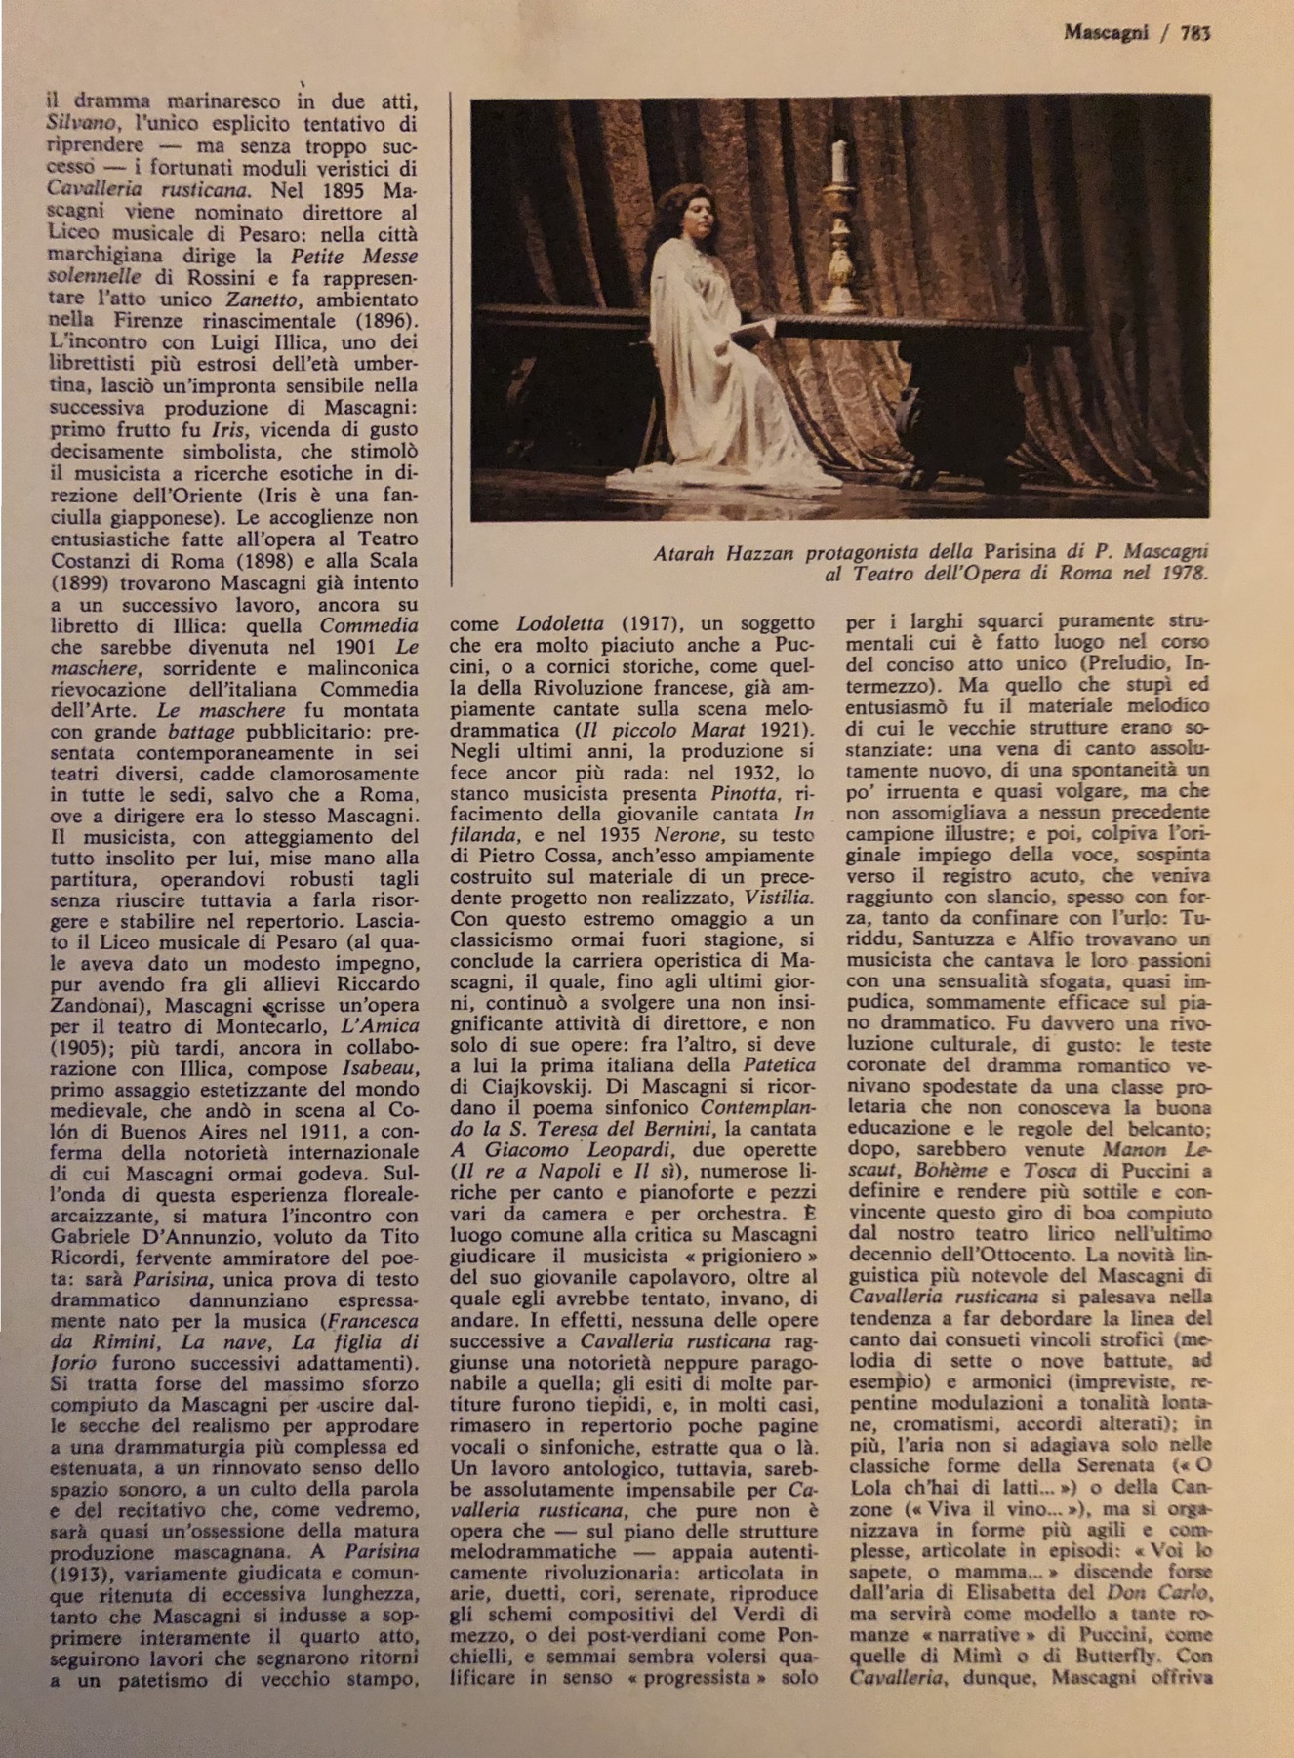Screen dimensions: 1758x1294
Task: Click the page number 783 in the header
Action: coord(1194,32)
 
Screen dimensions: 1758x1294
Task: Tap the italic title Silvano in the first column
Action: coord(78,124)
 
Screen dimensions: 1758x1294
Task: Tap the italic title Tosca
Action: coord(1050,1170)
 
